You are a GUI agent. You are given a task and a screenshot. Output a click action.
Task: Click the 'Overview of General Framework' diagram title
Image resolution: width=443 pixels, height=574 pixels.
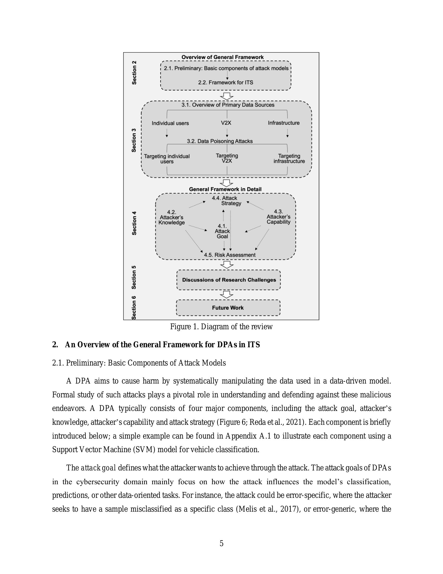pos(223,57)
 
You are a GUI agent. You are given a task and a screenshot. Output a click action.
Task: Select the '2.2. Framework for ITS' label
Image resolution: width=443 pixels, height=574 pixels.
pos(226,82)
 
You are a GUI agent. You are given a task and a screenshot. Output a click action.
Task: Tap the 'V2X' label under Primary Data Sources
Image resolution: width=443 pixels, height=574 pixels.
pos(226,123)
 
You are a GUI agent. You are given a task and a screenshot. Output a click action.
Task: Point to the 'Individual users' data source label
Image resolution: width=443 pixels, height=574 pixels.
pos(170,123)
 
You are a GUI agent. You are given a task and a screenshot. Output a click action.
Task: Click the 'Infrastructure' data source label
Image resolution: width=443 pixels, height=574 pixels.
pos(284,123)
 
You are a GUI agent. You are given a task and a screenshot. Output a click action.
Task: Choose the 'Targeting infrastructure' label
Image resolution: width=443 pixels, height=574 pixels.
pos(289,158)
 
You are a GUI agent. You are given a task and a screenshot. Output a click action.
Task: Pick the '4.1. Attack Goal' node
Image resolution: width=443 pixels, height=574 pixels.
pos(222,231)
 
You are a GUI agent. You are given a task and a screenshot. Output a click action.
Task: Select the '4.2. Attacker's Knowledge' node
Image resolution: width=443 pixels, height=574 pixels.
pos(172,217)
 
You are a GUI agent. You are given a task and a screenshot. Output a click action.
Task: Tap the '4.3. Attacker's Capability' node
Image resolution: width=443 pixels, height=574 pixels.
pos(279,217)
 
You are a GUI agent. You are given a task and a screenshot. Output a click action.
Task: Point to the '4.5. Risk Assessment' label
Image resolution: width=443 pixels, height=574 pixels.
pos(230,255)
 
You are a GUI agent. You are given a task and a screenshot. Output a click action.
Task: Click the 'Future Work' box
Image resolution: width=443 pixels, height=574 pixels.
pos(228,308)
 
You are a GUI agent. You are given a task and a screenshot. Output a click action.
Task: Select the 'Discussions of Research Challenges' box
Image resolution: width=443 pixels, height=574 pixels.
pos(229,280)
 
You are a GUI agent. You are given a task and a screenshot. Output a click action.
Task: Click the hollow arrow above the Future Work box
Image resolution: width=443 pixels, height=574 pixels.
pos(227,294)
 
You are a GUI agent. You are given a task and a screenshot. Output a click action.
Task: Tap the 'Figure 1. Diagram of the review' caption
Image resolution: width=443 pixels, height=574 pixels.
pos(221,327)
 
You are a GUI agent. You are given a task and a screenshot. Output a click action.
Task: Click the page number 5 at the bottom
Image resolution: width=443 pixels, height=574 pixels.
pos(221,543)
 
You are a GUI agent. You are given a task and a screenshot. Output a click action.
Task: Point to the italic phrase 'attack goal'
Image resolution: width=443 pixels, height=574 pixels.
pos(99,468)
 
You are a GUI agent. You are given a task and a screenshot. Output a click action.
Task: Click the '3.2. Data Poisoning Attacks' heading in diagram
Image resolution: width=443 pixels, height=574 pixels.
pos(220,141)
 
